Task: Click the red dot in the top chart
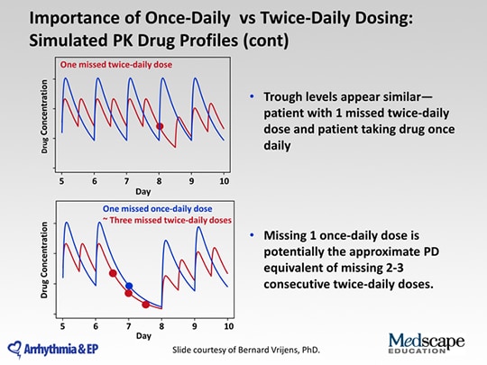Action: pos(160,126)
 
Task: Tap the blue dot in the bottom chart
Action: pos(129,286)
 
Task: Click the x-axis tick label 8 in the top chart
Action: pos(160,181)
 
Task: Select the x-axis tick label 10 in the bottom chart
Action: pos(228,326)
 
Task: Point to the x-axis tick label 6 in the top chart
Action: pos(95,181)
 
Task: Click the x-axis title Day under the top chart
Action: pos(142,191)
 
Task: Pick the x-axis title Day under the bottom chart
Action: pos(143,336)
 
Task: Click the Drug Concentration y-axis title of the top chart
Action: pos(44,116)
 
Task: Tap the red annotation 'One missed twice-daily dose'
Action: pos(116,65)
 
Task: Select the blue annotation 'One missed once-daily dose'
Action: pos(158,208)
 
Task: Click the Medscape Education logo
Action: pos(427,343)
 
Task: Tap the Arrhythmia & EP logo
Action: pos(53,350)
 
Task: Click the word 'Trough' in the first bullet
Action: pos(282,97)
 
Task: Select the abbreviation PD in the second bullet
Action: pos(430,251)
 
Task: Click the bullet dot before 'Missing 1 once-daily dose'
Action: pos(252,235)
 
